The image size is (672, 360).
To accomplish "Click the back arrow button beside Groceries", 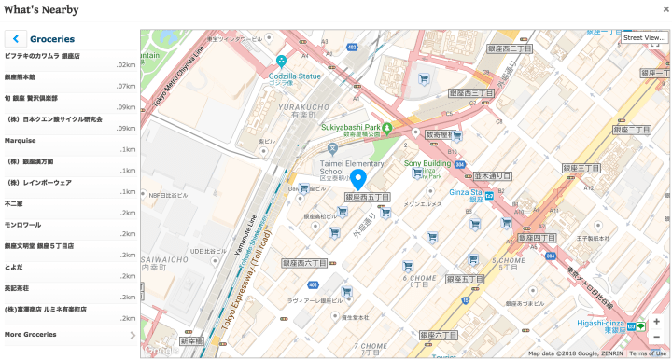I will tap(16, 39).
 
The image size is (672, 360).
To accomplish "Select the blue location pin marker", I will tap(359, 179).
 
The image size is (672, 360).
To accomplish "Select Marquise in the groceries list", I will tap(21, 140).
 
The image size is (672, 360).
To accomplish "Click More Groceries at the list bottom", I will tap(31, 334).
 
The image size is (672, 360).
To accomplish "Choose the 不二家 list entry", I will tap(13, 201).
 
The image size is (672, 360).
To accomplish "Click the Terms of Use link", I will tap(647, 353).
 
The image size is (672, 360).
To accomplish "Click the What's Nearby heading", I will tap(43, 9).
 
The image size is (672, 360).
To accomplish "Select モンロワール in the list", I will tap(22, 224).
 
